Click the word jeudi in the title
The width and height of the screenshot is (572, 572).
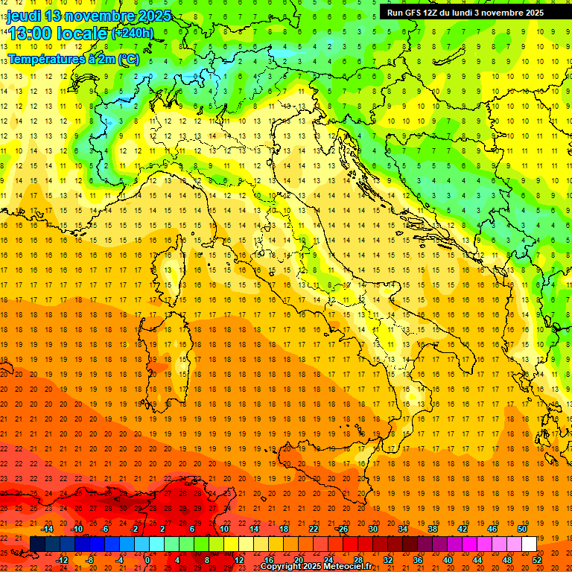coord(23,16)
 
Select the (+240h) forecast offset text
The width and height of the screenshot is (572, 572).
coord(133,34)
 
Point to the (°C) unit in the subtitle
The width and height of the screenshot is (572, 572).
coord(128,59)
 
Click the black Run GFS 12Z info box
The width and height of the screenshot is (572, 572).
coord(465,13)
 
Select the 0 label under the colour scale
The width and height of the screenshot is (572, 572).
coord(147,560)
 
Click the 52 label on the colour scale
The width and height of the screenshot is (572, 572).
coord(537,560)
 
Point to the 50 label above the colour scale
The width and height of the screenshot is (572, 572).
coord(521,529)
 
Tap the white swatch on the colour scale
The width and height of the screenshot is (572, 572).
coord(529,544)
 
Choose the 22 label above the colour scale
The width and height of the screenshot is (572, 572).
coord(314,529)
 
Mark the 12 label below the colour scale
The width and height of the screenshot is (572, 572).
coord(239,560)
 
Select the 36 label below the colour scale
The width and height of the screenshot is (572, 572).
coord(418,560)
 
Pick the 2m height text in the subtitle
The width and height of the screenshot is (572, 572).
coord(109,59)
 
